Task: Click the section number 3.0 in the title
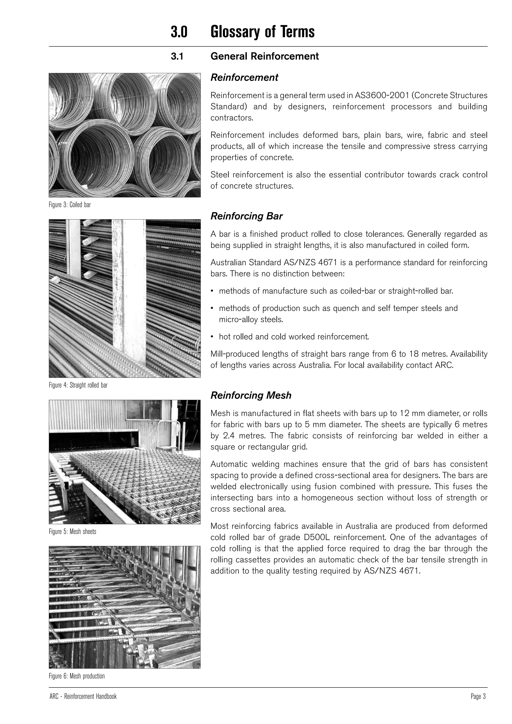[179, 32]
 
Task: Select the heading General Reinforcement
[264, 56]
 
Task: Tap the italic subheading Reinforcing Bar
[246, 216]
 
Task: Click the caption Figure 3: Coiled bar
[70, 205]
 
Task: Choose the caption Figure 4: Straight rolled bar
[78, 385]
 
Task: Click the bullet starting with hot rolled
[294, 337]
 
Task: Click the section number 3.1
[177, 56]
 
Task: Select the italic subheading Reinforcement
[244, 77]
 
